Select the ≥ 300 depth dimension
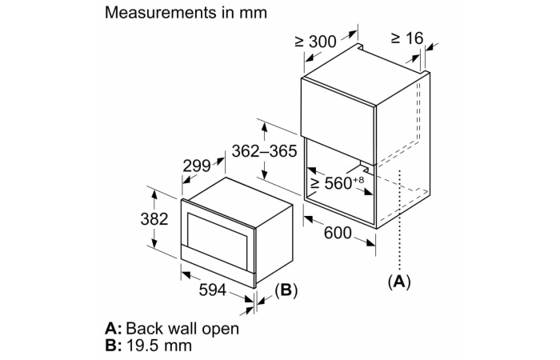(x=315, y=41)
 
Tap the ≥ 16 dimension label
(x=406, y=38)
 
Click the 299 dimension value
(x=196, y=166)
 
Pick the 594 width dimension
(x=212, y=291)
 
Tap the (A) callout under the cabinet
(x=398, y=282)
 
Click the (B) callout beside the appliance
(x=286, y=290)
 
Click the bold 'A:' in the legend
(x=114, y=329)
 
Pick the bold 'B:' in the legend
(x=114, y=346)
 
